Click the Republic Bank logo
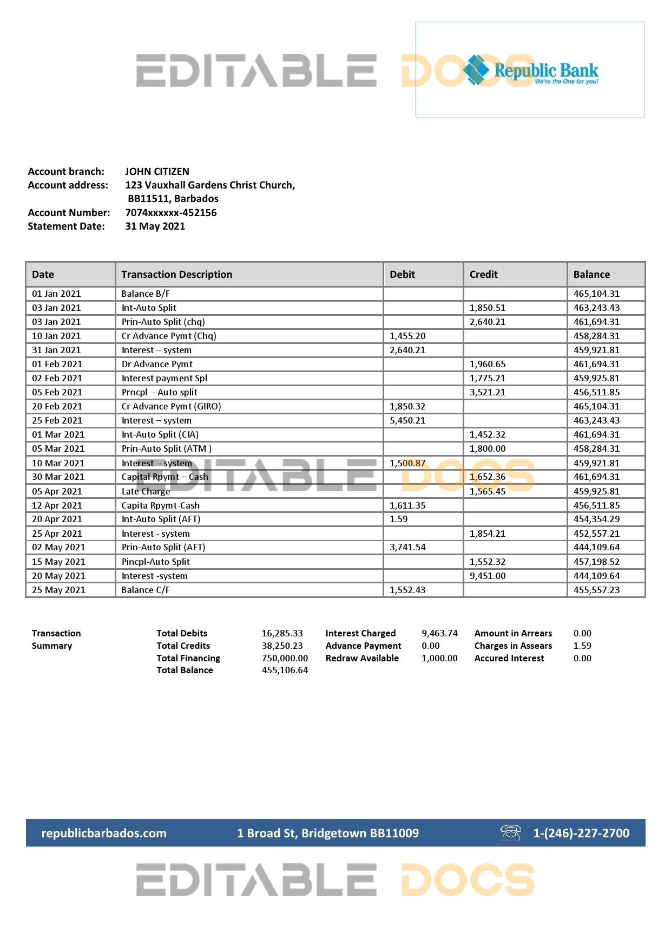click(530, 70)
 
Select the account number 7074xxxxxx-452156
click(171, 213)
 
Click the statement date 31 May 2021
click(155, 226)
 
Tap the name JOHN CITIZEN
click(157, 172)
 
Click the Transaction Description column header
click(176, 275)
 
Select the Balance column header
click(591, 275)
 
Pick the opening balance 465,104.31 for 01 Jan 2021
click(596, 294)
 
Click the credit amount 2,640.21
click(487, 322)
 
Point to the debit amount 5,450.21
click(407, 421)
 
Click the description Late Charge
click(146, 492)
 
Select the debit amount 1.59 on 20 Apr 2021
click(398, 519)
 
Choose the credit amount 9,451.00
click(487, 576)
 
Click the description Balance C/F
click(146, 590)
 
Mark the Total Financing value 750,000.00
click(285, 659)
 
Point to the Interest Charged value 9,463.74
click(439, 634)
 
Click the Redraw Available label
click(362, 659)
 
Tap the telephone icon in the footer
click(510, 832)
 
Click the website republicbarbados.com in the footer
click(104, 834)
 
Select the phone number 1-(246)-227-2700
click(581, 834)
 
